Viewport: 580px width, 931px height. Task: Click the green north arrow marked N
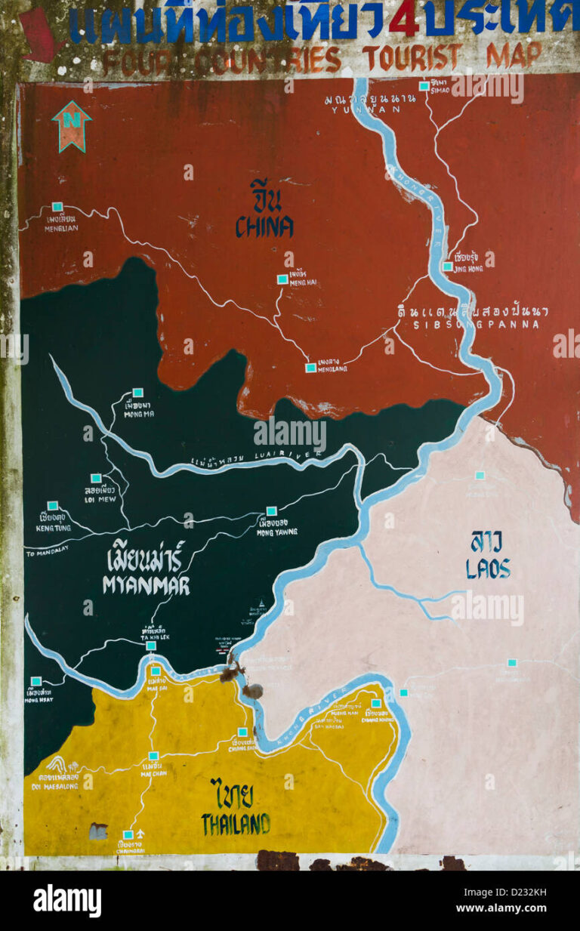pos(71,125)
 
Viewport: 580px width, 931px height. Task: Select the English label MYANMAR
pos(147,584)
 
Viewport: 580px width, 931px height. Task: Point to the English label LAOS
pos(488,568)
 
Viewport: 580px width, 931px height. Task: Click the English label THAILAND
pos(236,824)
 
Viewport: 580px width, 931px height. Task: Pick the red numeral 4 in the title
pos(404,20)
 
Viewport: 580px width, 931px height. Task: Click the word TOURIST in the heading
pos(412,57)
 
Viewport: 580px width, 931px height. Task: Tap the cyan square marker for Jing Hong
pos(447,266)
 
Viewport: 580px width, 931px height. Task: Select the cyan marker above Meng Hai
pos(282,279)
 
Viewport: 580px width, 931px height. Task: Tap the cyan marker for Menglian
pos(57,206)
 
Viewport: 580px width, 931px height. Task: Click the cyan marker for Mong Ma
pos(137,393)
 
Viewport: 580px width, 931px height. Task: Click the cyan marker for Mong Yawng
pos(271,511)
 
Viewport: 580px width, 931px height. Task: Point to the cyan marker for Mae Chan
pos(153,755)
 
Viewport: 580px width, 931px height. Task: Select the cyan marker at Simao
pos(424,86)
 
